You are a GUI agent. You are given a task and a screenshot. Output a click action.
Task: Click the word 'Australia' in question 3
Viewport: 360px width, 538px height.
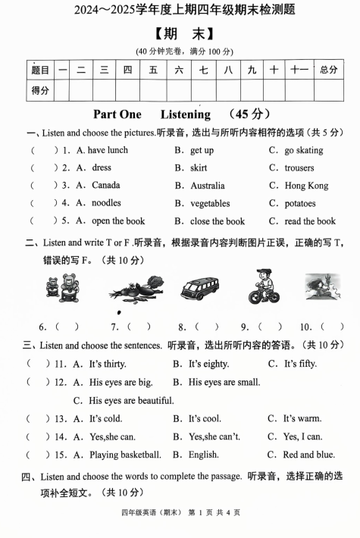pos(207,186)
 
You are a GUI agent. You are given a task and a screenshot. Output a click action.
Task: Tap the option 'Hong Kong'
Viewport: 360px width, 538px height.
pos(306,186)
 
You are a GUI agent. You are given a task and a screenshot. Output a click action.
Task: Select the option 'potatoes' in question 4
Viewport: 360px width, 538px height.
pos(300,203)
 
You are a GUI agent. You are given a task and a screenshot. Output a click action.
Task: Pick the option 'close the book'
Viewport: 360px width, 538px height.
pos(218,221)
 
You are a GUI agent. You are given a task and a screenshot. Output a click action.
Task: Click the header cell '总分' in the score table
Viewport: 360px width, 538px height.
pos(328,70)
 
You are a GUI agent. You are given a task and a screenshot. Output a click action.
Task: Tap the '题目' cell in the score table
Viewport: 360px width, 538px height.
pos(40,70)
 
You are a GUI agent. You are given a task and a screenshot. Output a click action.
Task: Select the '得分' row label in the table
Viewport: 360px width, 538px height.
pos(40,91)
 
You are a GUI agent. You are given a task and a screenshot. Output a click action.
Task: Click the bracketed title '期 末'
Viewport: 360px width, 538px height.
pos(180,34)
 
